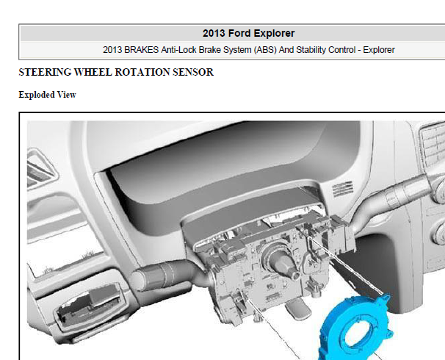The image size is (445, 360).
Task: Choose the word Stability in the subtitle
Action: pos(311,50)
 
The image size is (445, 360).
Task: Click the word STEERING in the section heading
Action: pos(45,72)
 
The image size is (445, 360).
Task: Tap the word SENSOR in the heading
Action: pos(193,72)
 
